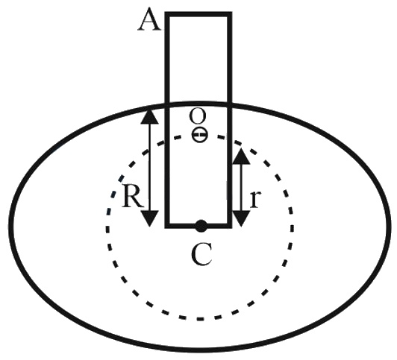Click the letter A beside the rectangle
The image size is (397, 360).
[x=149, y=22]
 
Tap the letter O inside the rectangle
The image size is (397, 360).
[x=198, y=116]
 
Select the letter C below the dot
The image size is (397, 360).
[x=201, y=255]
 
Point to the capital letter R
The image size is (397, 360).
[x=134, y=196]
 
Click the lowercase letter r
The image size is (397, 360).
[x=255, y=200]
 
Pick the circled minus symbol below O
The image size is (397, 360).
[x=200, y=135]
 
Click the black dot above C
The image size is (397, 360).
[x=201, y=226]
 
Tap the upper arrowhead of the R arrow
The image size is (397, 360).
[x=150, y=117]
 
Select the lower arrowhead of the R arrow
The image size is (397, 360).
[x=150, y=218]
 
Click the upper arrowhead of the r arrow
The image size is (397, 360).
[x=241, y=157]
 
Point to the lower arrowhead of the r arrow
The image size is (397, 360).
[x=241, y=218]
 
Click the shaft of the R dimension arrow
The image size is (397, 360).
[x=150, y=168]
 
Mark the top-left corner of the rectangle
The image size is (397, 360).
[x=167, y=14]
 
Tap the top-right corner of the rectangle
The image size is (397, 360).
[x=230, y=14]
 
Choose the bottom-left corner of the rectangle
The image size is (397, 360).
[x=167, y=226]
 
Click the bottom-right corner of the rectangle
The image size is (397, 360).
[x=230, y=226]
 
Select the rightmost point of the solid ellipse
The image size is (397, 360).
[x=389, y=227]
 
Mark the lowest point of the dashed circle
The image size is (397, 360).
[x=200, y=318]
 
